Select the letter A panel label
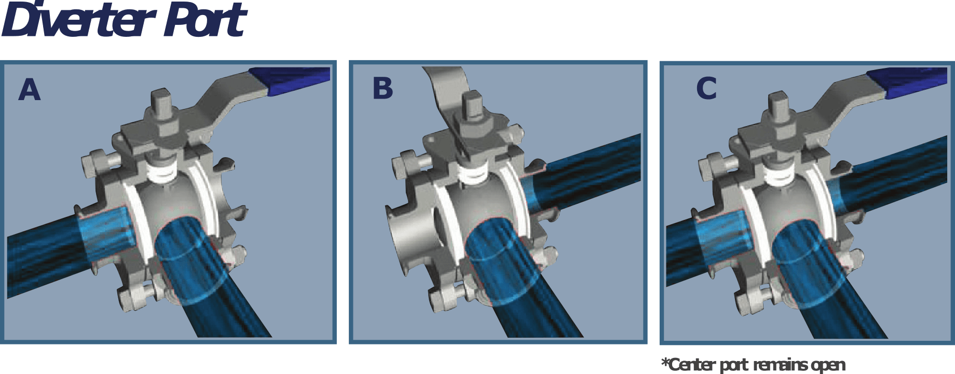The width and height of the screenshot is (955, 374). coord(29,89)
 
